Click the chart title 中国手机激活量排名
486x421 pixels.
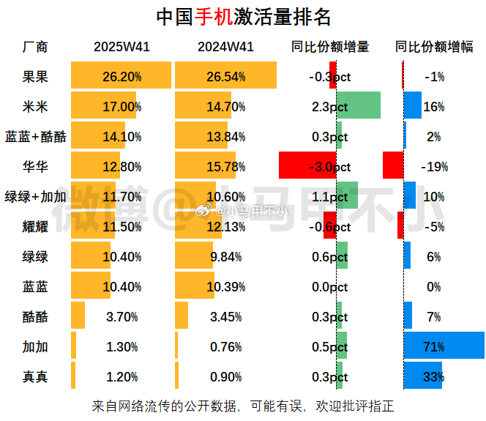click(x=244, y=16)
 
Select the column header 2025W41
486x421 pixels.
click(x=121, y=47)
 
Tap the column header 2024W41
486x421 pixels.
click(x=225, y=47)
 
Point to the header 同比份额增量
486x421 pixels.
click(x=329, y=47)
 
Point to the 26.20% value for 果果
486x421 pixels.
click(x=121, y=76)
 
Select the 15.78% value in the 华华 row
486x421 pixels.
click(x=225, y=166)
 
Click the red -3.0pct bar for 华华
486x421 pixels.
click(x=307, y=166)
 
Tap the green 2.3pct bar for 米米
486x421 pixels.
click(x=359, y=106)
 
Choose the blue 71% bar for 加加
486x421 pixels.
click(x=444, y=346)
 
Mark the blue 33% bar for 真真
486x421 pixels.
click(x=423, y=376)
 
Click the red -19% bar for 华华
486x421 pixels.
click(x=393, y=166)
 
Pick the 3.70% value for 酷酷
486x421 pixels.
click(x=121, y=316)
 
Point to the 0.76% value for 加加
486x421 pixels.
click(x=225, y=346)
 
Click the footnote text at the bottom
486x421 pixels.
click(x=244, y=405)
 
